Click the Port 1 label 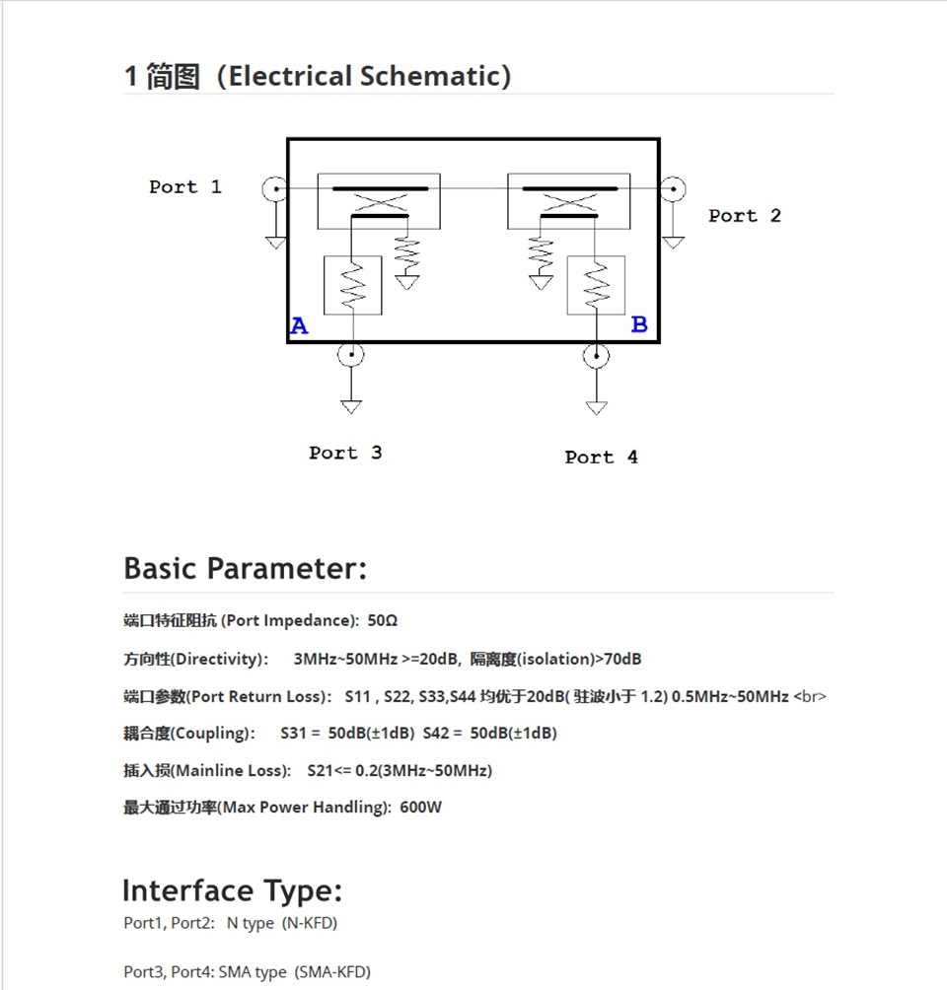coord(185,186)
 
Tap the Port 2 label coord(744,215)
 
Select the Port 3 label coord(345,453)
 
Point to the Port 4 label coord(601,457)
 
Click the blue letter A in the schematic coord(299,326)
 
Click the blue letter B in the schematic coord(639,324)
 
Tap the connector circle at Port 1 coord(275,188)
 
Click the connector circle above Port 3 coord(350,354)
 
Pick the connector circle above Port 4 coord(596,355)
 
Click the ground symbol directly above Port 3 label coord(350,405)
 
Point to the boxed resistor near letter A coord(352,285)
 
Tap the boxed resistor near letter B coord(596,285)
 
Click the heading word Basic coord(162,568)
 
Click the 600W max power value coord(420,808)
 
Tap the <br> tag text coord(810,696)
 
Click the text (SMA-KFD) coord(332,972)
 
